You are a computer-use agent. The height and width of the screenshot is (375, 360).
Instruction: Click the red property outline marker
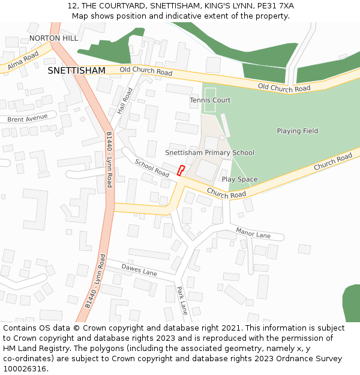(x=181, y=170)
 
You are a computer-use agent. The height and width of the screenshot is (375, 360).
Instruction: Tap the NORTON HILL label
(x=53, y=38)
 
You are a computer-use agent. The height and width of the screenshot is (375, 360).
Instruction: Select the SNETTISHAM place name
(x=76, y=71)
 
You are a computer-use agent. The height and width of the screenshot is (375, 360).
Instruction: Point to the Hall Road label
(x=125, y=101)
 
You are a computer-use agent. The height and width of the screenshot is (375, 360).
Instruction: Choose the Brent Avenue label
(x=27, y=118)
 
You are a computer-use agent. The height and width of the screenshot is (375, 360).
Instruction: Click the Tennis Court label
(x=210, y=100)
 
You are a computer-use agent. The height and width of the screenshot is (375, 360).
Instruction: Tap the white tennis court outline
(x=209, y=100)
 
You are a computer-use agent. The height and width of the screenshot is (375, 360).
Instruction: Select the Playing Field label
(x=297, y=131)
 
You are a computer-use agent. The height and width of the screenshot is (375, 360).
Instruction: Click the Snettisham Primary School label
(x=209, y=153)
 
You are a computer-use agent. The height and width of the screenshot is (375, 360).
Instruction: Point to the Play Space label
(x=239, y=179)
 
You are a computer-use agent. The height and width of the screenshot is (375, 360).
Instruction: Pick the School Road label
(x=152, y=167)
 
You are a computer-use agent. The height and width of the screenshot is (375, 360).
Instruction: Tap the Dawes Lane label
(x=139, y=270)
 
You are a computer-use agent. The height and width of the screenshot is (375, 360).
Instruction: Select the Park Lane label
(x=182, y=301)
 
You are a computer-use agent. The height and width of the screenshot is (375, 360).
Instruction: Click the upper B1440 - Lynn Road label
(x=109, y=160)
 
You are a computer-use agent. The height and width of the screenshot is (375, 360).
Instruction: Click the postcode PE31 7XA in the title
(x=274, y=5)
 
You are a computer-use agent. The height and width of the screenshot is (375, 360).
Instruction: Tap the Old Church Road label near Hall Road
(x=146, y=71)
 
